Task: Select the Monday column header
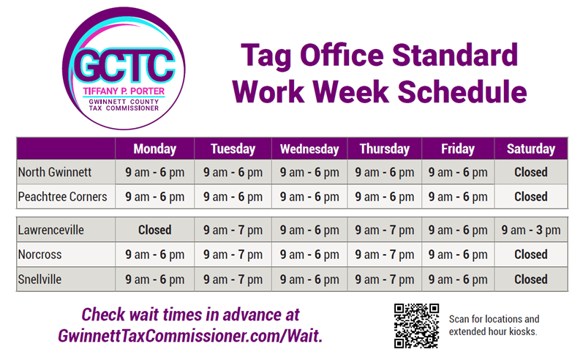tap(154, 149)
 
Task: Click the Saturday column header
tap(530, 149)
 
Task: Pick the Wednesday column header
tap(309, 149)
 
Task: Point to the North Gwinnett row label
tap(55, 173)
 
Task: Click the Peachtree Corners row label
tap(62, 197)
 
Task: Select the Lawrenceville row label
tap(50, 230)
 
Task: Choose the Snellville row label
tap(40, 279)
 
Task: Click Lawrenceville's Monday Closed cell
tap(154, 230)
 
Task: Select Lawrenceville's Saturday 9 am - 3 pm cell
tap(530, 230)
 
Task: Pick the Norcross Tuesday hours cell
tap(233, 255)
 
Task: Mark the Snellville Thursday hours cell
tap(385, 279)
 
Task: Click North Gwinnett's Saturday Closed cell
tap(530, 173)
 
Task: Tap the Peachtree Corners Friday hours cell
tap(458, 197)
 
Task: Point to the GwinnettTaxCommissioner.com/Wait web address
tap(190, 334)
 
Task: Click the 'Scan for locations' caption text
tap(494, 319)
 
